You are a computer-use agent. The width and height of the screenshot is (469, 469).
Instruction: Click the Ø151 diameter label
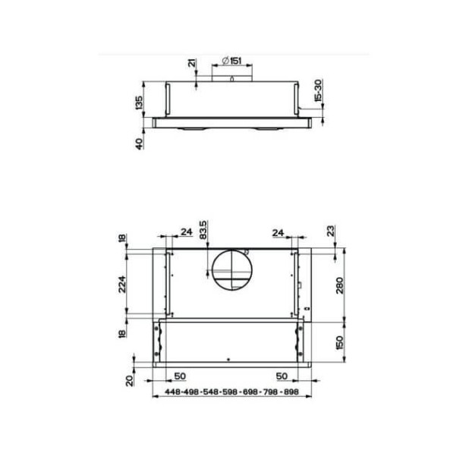(x=232, y=60)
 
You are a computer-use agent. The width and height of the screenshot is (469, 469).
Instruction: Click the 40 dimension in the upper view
(x=139, y=143)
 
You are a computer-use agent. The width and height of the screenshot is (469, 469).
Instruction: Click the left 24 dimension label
(x=186, y=232)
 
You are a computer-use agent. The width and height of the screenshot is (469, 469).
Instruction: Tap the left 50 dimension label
(x=181, y=376)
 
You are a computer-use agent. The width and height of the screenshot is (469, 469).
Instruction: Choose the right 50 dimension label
(x=281, y=376)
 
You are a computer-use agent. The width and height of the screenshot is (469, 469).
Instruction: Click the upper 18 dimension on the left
(x=122, y=239)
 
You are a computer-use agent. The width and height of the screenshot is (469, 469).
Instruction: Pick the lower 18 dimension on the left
(x=122, y=335)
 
